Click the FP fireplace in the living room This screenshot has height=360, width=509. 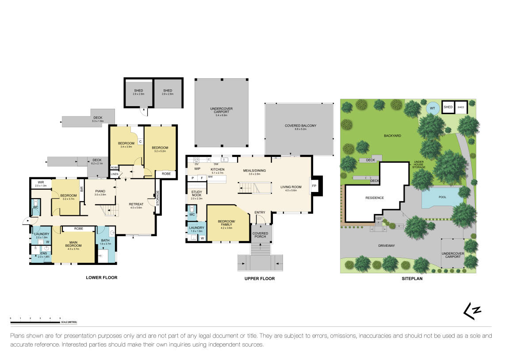314,186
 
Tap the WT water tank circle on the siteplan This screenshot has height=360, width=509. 432,107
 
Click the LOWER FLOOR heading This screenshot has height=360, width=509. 101,278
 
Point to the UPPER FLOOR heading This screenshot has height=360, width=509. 260,279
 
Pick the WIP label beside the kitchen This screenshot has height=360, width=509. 197,169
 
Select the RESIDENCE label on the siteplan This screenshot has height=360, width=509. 374,198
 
